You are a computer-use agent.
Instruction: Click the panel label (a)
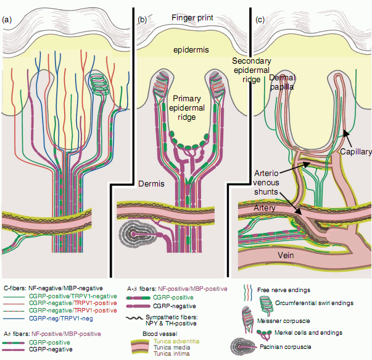[7, 20]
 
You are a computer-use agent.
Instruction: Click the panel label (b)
[142, 20]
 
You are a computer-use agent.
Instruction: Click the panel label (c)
[260, 20]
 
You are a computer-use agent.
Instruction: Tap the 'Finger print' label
[192, 19]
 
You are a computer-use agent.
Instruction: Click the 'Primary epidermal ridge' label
[192, 109]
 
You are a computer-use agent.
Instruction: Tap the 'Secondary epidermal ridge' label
[252, 70]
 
